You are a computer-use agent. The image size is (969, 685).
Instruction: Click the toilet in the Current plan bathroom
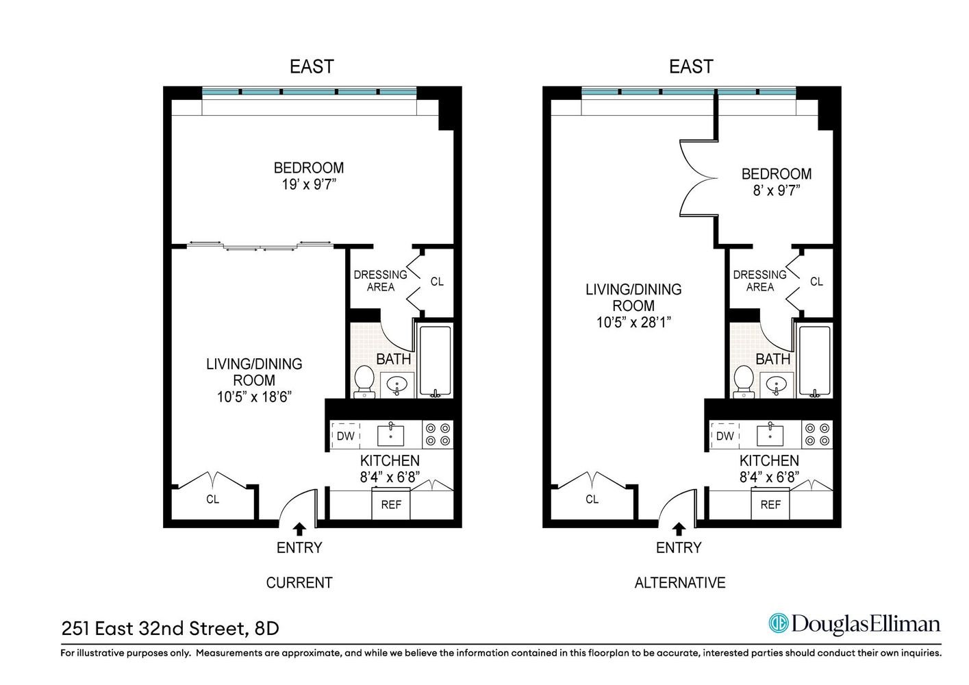(x=364, y=382)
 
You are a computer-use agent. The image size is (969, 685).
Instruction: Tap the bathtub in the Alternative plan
(x=814, y=361)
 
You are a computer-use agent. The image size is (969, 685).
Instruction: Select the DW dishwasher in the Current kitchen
(x=346, y=436)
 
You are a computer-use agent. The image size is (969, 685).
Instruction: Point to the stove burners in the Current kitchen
(x=438, y=434)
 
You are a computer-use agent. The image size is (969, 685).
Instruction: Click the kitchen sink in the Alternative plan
(x=770, y=434)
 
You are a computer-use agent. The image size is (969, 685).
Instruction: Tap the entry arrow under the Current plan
(x=299, y=530)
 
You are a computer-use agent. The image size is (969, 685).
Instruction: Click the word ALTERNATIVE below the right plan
(x=679, y=583)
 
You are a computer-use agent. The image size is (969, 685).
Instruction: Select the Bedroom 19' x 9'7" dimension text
(x=309, y=184)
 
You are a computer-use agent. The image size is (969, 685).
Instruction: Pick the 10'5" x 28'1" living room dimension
(x=633, y=322)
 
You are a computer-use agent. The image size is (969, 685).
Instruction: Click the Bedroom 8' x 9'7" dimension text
(x=776, y=190)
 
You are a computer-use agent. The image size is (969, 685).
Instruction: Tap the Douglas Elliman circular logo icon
(x=779, y=623)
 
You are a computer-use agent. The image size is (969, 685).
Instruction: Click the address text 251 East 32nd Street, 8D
(x=170, y=628)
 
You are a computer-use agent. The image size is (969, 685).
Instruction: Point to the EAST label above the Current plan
(x=312, y=66)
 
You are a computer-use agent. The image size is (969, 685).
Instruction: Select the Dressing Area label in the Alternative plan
(x=759, y=281)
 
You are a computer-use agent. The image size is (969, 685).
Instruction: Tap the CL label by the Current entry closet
(x=212, y=499)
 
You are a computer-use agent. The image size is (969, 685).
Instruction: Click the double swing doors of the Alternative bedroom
(x=696, y=178)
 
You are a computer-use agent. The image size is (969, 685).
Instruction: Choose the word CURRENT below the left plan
(x=299, y=583)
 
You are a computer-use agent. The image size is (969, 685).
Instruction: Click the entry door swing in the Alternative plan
(x=675, y=497)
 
